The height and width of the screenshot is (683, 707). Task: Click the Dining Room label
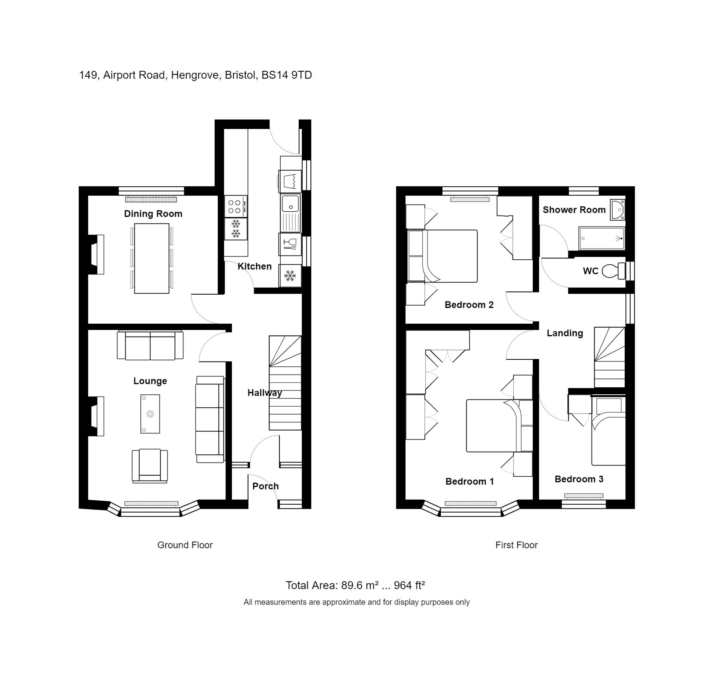[x=153, y=214]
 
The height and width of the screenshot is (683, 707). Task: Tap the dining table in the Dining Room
[x=152, y=258]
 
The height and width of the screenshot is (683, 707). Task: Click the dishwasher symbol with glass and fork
[x=290, y=244]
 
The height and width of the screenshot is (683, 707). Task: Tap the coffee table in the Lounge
[x=150, y=414]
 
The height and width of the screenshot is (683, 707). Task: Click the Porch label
[x=265, y=486]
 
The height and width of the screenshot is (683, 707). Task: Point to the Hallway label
[x=264, y=393]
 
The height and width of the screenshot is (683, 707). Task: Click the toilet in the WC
[x=613, y=271]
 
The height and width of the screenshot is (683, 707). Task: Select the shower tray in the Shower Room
[x=601, y=239]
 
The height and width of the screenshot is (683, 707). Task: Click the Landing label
[x=565, y=333]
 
